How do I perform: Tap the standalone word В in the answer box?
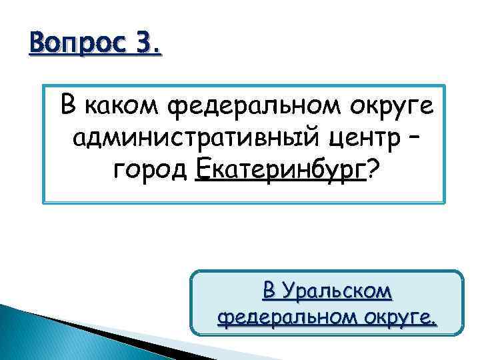[x=268, y=291]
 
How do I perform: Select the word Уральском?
[x=336, y=292]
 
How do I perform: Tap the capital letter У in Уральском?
[x=287, y=292]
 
